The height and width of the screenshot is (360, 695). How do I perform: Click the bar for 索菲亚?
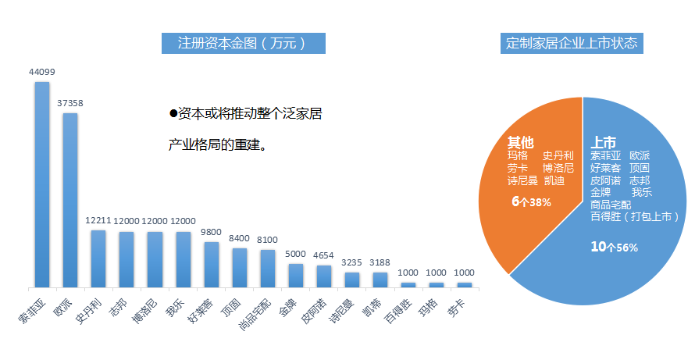coord(41,184)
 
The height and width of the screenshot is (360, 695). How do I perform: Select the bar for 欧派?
coord(69,199)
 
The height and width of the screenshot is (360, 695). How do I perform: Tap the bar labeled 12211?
coord(98,258)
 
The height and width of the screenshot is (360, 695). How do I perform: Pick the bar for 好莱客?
coord(211,264)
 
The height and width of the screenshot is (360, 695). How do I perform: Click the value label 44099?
coord(41,72)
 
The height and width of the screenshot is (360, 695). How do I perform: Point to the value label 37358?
coord(69,103)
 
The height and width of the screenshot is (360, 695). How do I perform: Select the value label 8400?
coord(239,239)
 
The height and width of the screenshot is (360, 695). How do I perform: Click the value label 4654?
coord(323,255)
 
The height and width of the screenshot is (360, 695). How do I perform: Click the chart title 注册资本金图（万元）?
coord(243,43)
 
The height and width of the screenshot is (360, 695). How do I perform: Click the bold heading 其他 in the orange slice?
coord(521,142)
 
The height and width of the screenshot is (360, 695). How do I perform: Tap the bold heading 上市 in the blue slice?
coord(604,142)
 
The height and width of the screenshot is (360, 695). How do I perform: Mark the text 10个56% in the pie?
coord(615,247)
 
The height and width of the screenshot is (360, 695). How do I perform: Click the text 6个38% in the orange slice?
coord(532,201)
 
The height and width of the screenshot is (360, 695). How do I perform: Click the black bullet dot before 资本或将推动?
coord(173,114)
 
